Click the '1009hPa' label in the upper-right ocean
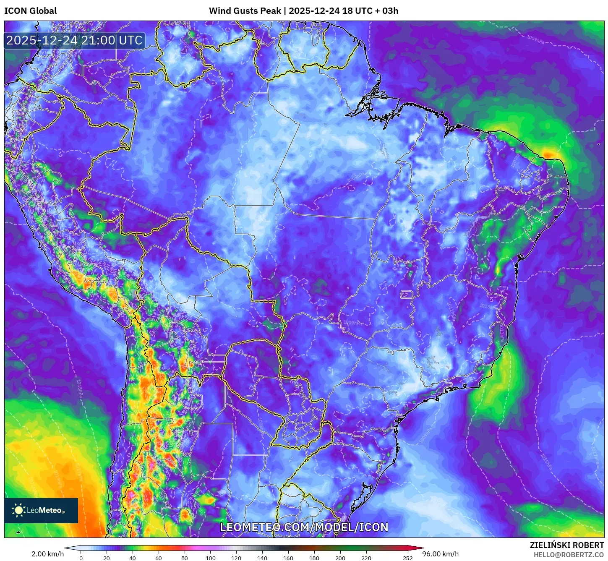point(535,39)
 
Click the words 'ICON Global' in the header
point(31,11)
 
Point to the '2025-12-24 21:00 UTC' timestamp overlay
point(74,40)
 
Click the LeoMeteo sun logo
point(18,510)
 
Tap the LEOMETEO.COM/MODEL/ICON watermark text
point(304,527)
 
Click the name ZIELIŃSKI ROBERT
point(567,545)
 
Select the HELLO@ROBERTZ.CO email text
point(569,555)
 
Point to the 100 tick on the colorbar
point(211,558)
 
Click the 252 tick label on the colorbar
point(408,558)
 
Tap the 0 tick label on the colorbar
point(81,558)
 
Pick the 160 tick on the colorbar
point(288,558)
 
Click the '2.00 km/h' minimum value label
point(47,554)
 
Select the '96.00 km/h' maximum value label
point(441,554)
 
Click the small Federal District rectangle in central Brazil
point(407,295)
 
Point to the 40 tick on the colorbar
point(133,558)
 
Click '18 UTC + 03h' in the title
point(370,11)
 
